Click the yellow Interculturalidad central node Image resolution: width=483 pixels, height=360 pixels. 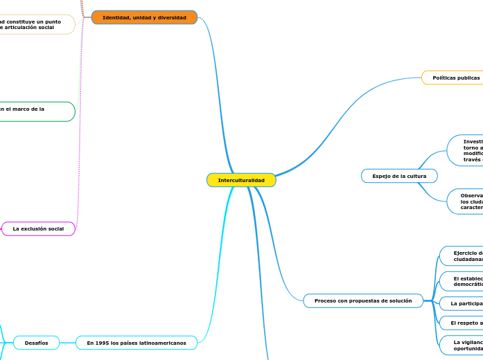[x=241, y=180]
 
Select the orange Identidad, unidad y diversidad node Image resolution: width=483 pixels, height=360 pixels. [x=144, y=17]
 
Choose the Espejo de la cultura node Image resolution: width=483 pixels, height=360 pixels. [x=399, y=176]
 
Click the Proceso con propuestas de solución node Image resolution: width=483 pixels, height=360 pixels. [x=363, y=300]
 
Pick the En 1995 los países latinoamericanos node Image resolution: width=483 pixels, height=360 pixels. [x=137, y=342]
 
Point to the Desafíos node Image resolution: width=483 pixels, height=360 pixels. [x=36, y=342]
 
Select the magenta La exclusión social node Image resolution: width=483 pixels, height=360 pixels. [x=38, y=228]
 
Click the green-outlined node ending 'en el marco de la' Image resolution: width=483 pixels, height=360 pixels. [x=35, y=111]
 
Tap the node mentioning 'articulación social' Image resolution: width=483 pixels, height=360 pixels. [x=35, y=24]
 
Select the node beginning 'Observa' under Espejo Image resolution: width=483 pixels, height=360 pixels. [x=466, y=201]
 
